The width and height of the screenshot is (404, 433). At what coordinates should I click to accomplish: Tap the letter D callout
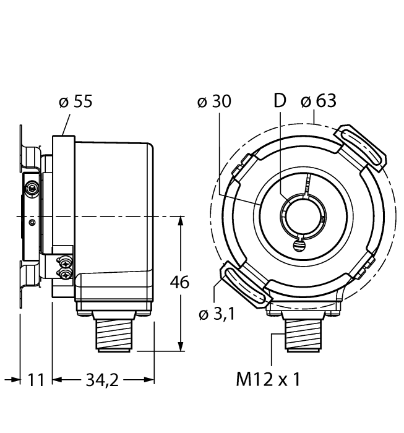281,101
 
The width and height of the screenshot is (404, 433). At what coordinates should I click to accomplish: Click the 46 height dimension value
180,282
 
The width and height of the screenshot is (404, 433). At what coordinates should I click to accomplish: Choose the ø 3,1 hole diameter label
218,316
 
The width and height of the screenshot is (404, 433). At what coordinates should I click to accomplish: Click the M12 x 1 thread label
268,379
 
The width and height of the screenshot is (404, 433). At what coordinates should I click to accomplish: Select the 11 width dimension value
37,379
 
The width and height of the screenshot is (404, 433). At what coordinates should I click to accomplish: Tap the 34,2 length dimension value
102,379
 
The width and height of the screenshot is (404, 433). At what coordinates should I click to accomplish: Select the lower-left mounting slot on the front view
244,284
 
